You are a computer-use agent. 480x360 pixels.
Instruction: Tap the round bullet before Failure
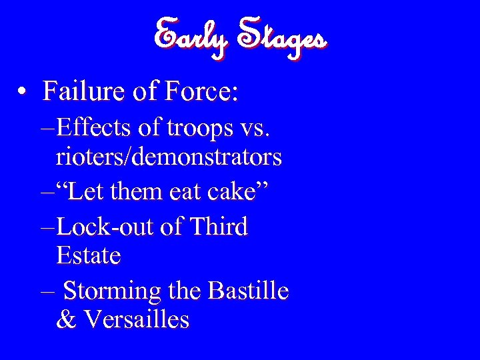pos(23,91)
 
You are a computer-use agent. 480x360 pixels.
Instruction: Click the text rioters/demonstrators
pos(169,157)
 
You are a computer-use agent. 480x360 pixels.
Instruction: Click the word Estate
pos(89,255)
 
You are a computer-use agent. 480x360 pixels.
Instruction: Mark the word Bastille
pos(248,291)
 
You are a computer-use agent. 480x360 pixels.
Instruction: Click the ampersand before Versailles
pos(66,319)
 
